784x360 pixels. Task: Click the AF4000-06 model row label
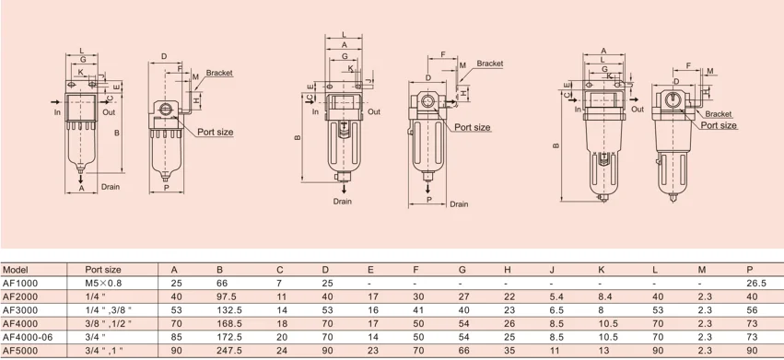coord(28,337)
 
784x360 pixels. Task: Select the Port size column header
coord(103,270)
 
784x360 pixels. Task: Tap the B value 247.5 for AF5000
coord(229,351)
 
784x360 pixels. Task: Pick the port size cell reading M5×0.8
coord(103,283)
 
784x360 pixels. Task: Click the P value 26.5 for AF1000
coord(756,283)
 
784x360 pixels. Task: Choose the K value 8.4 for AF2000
coord(606,296)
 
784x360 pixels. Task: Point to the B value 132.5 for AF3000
coord(229,310)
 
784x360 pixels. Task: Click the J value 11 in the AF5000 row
coord(555,351)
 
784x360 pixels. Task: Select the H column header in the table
coord(508,270)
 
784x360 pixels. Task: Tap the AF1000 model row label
coord(20,283)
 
